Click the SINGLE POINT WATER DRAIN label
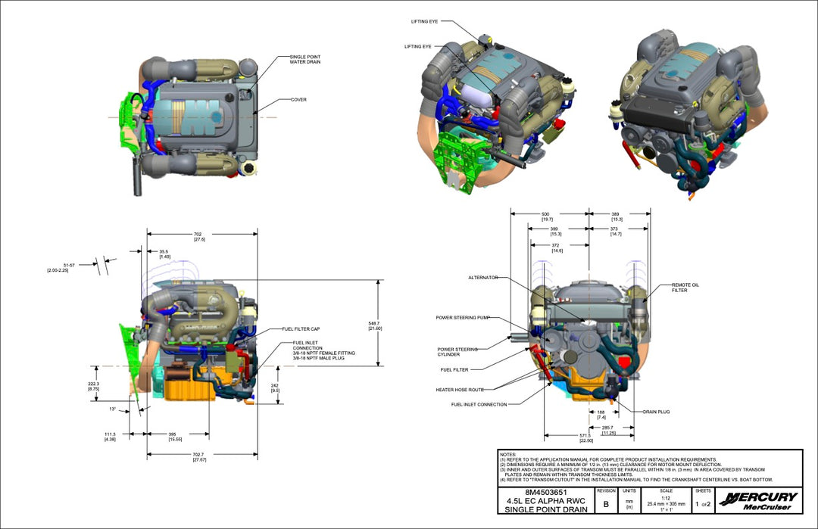point(305,59)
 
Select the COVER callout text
point(298,99)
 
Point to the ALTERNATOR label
point(482,278)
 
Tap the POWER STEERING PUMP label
point(463,317)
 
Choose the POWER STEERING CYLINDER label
point(457,352)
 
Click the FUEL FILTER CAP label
point(301,329)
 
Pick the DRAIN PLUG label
point(657,412)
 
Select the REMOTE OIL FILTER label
point(685,288)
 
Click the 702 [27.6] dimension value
point(199,236)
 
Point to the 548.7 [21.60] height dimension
point(374,325)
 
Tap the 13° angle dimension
point(112,409)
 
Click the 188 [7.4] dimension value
point(601,415)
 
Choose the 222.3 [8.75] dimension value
point(93,386)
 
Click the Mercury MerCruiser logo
point(760,501)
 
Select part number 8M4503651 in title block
point(545,493)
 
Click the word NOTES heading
point(508,454)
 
